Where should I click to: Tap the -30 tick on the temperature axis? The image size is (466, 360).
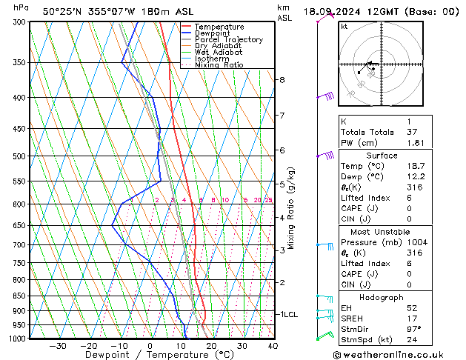pyautogui.click(x=58, y=346)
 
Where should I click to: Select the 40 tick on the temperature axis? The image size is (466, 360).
pyautogui.click(x=273, y=346)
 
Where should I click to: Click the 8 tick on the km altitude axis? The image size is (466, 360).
pyautogui.click(x=282, y=79)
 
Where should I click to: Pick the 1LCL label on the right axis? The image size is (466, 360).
pyautogui.click(x=287, y=314)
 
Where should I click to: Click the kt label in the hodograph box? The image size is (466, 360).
pyautogui.click(x=344, y=26)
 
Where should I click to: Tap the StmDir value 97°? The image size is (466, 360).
pyautogui.click(x=413, y=329)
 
